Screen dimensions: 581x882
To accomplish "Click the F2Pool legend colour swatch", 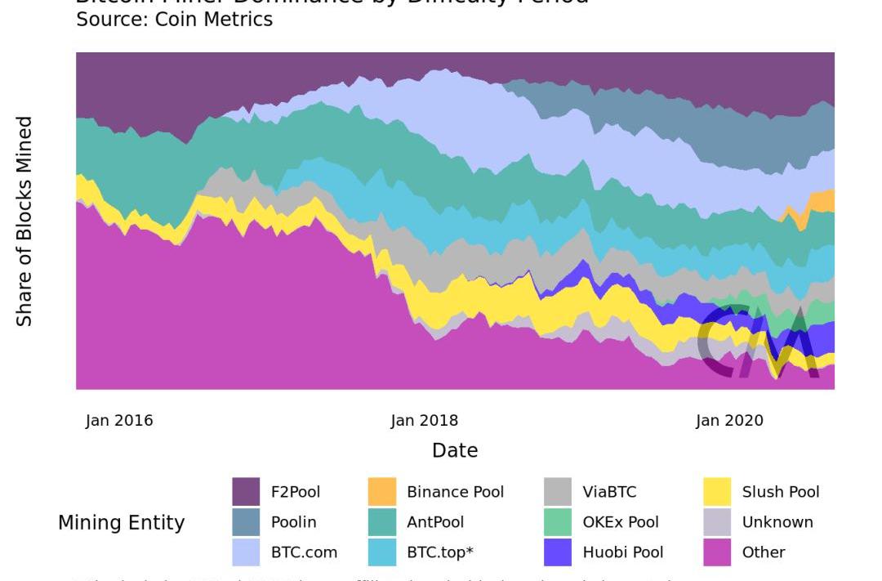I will coord(246,492).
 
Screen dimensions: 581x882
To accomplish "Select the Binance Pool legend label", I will coord(455,492).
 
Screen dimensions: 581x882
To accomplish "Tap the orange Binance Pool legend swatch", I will coord(382,492).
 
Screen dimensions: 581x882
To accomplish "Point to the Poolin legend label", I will coord(293,522).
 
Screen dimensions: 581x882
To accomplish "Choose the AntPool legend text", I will coord(435,522).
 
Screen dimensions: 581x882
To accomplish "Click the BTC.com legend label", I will coord(304,552).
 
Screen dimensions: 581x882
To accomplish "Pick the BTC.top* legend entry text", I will coord(440,552).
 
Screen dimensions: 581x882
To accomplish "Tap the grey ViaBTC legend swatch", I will coord(558,492).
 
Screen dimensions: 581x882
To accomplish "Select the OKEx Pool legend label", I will coord(621,522).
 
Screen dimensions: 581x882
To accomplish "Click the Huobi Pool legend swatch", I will coord(558,552).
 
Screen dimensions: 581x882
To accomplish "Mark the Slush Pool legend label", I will coord(781,492).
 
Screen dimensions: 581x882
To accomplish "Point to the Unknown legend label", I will coord(777,522).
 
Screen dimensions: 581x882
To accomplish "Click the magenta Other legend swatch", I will coord(717,552).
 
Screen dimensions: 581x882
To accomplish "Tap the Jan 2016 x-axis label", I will coord(119,421).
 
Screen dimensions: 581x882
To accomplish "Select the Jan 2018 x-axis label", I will coord(425,421).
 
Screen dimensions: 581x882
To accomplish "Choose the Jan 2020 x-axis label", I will coord(729,421).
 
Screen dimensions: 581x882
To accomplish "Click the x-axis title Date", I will coord(455,450).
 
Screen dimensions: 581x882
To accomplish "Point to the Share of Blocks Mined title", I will coord(25,221).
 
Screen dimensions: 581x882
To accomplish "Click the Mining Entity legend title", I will coord(122,523).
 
